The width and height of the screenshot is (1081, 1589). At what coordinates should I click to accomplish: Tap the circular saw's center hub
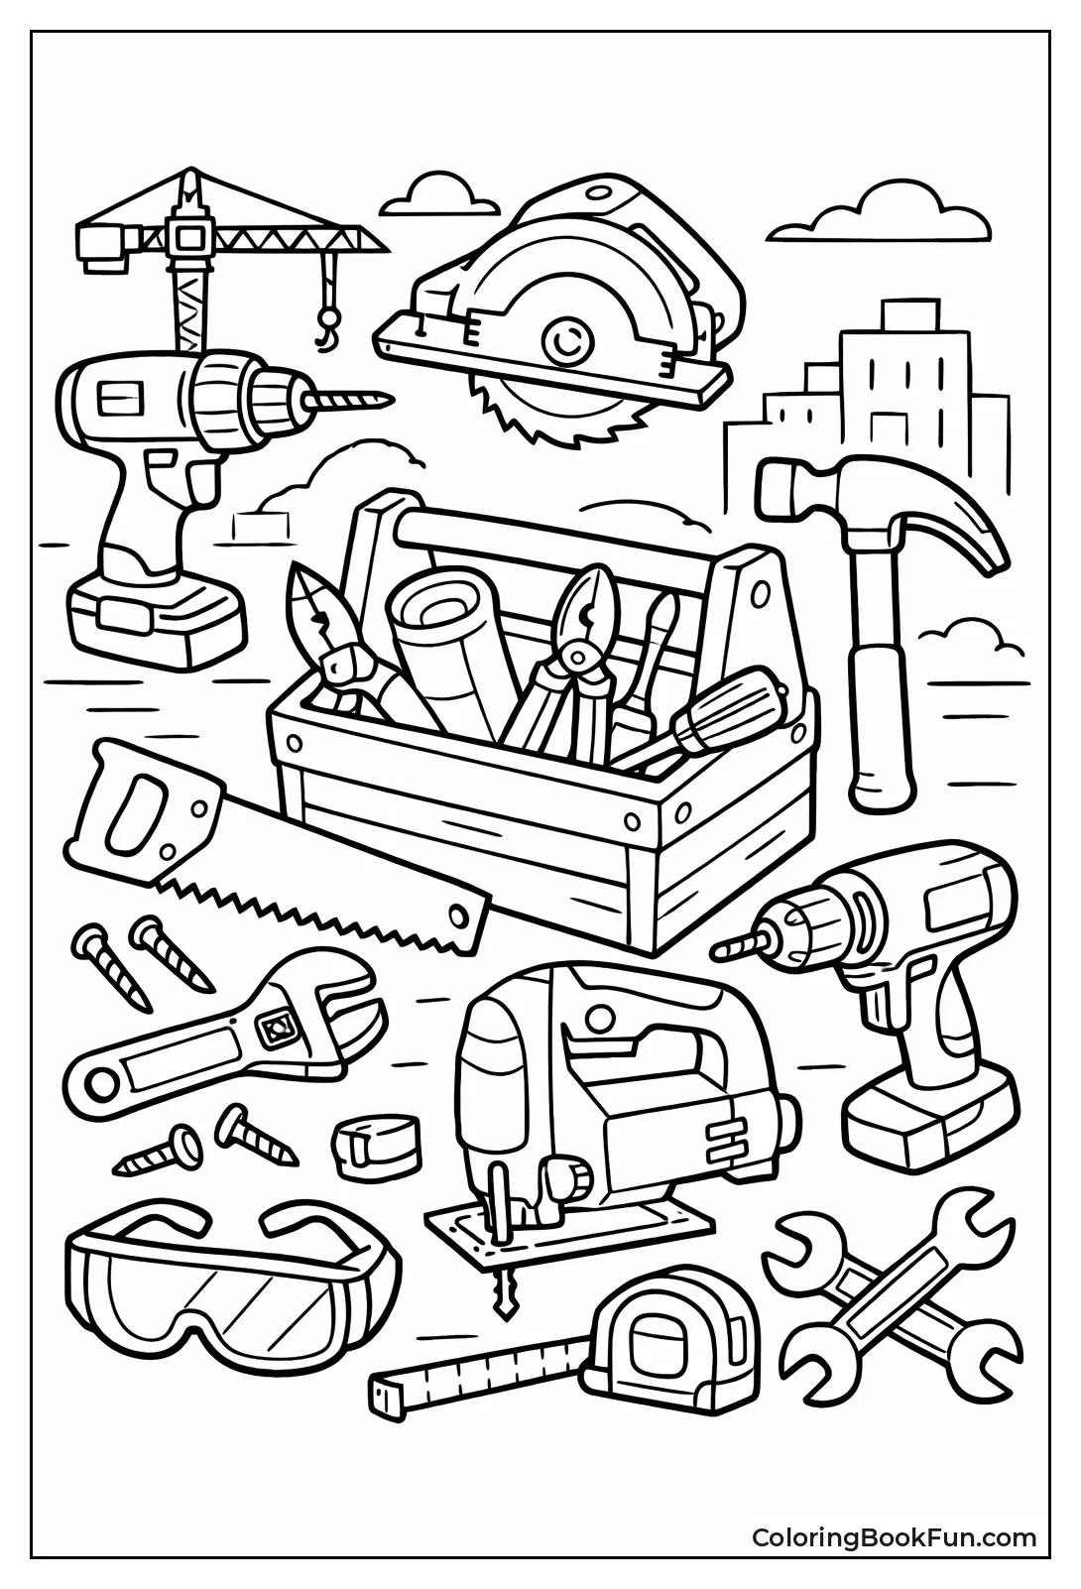point(566,342)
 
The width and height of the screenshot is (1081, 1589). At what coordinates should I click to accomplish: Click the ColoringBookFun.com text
point(893,1537)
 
